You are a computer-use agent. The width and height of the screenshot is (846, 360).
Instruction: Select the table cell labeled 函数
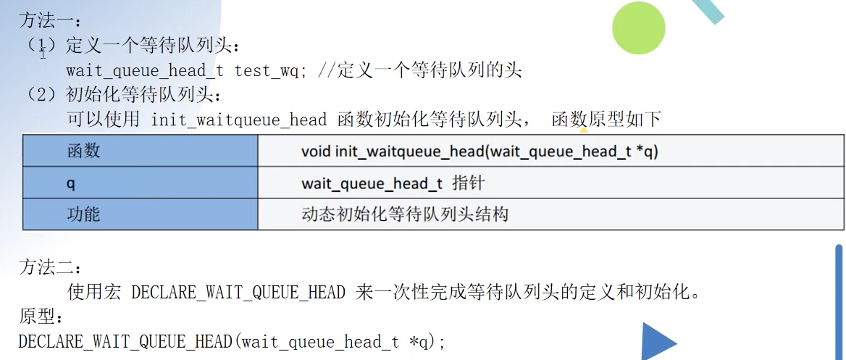pyautogui.click(x=83, y=151)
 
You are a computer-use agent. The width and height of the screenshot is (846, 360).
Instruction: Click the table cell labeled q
pyautogui.click(x=70, y=183)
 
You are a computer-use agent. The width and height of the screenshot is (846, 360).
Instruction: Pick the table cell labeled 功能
pyautogui.click(x=83, y=214)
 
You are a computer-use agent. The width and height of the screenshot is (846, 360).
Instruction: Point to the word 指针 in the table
pyautogui.click(x=468, y=183)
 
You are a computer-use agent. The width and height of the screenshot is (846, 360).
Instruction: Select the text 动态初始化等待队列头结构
pyautogui.click(x=404, y=214)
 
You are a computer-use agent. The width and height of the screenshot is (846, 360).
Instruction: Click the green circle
pyautogui.click(x=638, y=28)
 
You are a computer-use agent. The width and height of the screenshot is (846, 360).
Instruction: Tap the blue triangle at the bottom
pyautogui.click(x=656, y=343)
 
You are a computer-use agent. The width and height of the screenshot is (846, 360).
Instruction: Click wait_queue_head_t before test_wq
pyautogui.click(x=145, y=70)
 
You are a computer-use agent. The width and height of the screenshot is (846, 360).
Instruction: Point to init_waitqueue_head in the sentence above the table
pyautogui.click(x=238, y=120)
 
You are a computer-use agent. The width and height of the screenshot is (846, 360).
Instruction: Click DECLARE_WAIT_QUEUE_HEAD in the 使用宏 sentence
pyautogui.click(x=238, y=293)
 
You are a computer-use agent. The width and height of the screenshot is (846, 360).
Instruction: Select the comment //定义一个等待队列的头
pyautogui.click(x=420, y=70)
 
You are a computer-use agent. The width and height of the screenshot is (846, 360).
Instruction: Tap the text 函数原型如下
pyautogui.click(x=606, y=120)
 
